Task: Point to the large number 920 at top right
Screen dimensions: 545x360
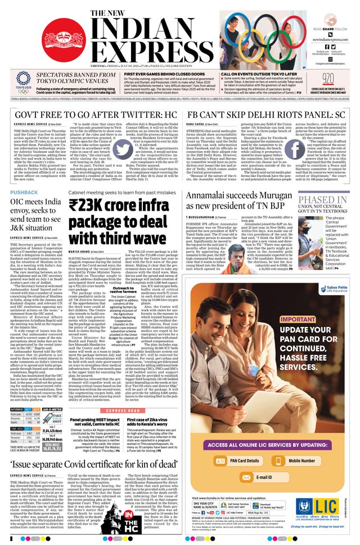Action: pyautogui.click(x=328, y=78)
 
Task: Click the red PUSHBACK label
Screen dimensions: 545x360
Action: pyautogui.click(x=24, y=192)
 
